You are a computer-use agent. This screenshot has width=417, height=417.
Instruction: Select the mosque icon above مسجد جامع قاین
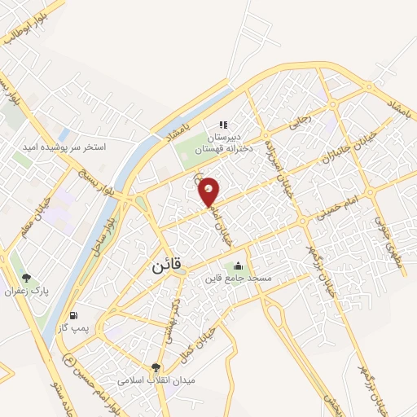tap(238, 265)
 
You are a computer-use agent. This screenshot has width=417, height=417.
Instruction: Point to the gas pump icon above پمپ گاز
tap(75, 315)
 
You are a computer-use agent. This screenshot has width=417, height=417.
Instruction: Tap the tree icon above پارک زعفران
tap(26, 278)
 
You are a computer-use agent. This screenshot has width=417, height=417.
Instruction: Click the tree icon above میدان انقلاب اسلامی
tap(156, 367)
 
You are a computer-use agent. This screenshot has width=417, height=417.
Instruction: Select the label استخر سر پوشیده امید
tap(72, 147)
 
